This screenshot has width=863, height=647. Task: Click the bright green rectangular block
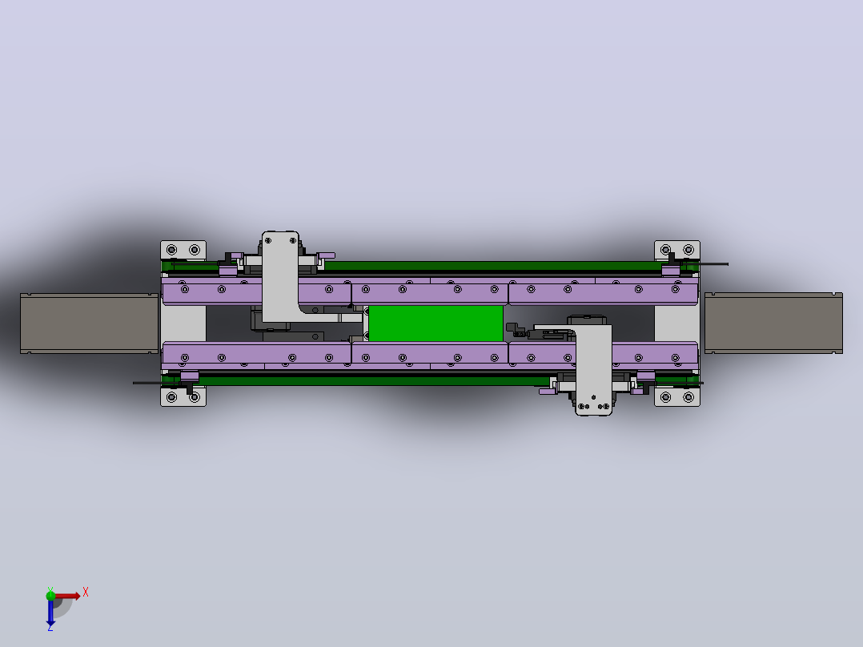click(436, 323)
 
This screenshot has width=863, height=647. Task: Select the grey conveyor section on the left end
click(89, 323)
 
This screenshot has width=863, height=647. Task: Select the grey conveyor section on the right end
click(773, 323)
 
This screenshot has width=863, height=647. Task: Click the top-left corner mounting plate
click(183, 250)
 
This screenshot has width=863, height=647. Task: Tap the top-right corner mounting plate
click(677, 250)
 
